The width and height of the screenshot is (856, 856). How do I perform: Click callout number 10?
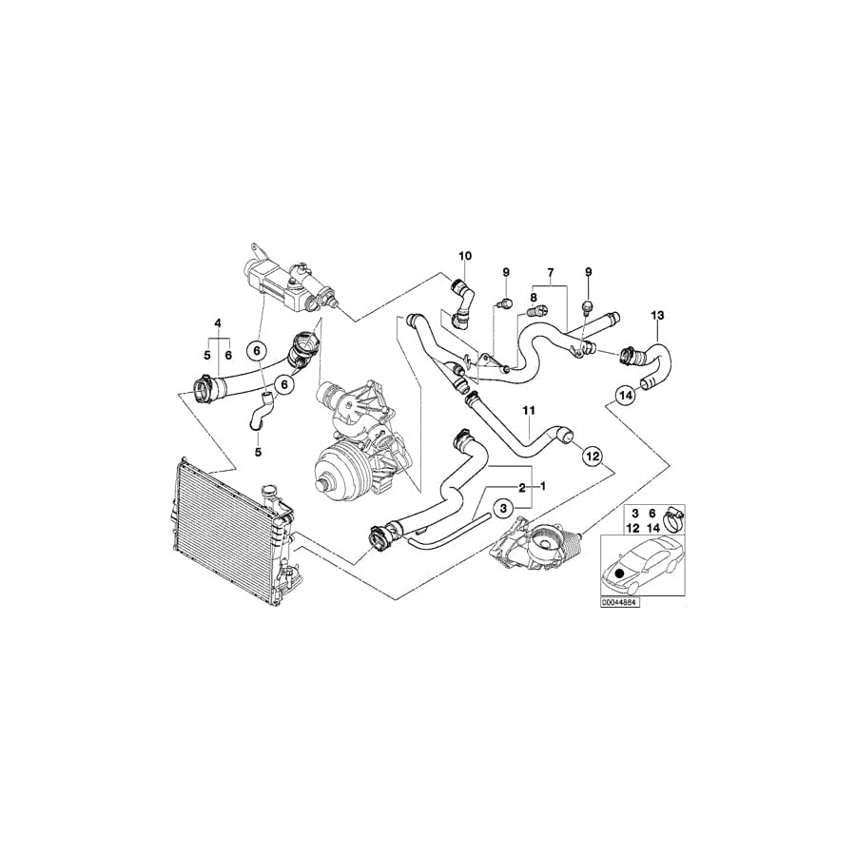(465, 256)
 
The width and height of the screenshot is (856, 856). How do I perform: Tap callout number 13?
(657, 315)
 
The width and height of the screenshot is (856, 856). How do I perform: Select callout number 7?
(551, 271)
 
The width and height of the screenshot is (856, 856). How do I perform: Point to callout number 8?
(534, 297)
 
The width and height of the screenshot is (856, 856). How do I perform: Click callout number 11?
(529, 410)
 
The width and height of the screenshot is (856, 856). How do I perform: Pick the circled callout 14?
(626, 395)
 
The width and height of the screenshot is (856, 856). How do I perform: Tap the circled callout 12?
(593, 455)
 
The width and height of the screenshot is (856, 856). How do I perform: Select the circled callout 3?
(504, 508)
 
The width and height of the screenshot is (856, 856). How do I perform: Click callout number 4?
(218, 323)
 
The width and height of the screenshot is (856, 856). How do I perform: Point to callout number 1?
(542, 485)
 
